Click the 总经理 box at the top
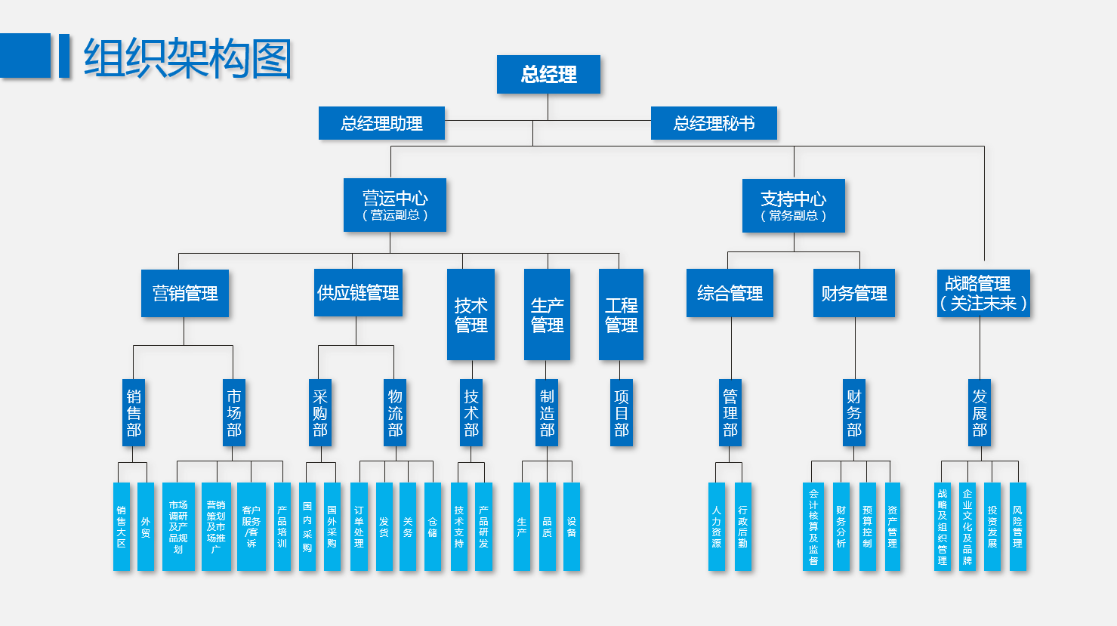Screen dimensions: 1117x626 click(x=548, y=74)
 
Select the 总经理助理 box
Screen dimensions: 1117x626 click(x=381, y=123)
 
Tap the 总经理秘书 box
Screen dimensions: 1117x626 click(x=714, y=123)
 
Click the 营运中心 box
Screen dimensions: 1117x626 click(x=395, y=205)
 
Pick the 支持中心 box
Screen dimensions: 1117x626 click(x=793, y=205)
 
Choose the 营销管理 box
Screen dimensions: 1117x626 click(x=185, y=293)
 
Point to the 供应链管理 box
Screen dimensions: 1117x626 click(x=358, y=292)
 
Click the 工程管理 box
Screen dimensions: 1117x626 click(x=621, y=314)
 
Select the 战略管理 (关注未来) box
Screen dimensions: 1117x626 click(x=983, y=293)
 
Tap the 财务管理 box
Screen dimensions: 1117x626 click(x=854, y=293)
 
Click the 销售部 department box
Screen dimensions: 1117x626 click(x=134, y=413)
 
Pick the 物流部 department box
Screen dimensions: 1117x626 click(x=395, y=413)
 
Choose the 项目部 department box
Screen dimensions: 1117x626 click(x=622, y=413)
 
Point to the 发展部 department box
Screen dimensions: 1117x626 click(x=980, y=413)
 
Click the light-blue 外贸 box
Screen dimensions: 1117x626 click(x=146, y=526)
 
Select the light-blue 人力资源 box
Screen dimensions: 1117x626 click(x=717, y=526)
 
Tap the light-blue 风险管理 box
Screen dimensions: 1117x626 click(x=1018, y=526)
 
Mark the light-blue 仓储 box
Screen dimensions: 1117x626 click(x=433, y=526)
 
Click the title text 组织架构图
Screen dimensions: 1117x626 click(x=187, y=58)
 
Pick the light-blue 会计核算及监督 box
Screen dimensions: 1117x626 click(x=813, y=526)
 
